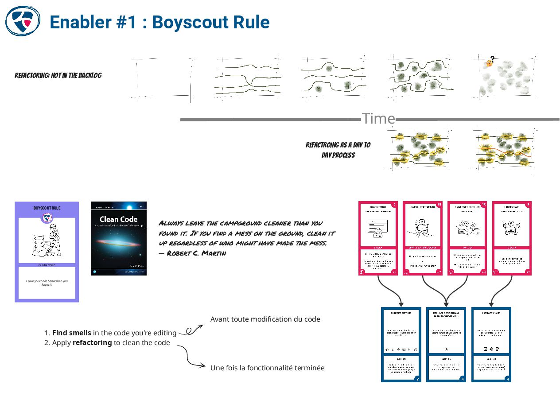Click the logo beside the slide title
point(23,20)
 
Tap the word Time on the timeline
point(378,119)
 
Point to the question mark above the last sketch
point(492,58)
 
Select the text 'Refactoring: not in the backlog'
point(58,75)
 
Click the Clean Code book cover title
point(118,219)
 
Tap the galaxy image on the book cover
point(118,241)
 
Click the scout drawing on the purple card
point(47,241)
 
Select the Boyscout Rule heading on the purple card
point(47,208)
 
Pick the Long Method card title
point(378,207)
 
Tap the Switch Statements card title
point(422,207)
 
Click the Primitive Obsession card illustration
point(467,229)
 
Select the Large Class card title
point(511,207)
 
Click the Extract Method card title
point(401,313)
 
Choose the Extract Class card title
point(491,313)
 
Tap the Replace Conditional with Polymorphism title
point(446,314)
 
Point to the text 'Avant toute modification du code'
point(265,319)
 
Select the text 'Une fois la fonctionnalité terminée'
point(267,368)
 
